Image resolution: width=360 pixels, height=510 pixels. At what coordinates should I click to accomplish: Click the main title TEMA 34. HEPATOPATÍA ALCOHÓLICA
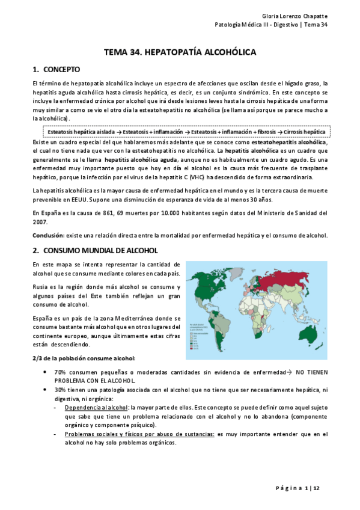180,52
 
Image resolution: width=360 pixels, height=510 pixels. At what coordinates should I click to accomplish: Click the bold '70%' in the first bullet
59,373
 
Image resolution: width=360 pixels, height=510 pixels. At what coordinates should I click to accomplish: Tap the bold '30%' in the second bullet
59,390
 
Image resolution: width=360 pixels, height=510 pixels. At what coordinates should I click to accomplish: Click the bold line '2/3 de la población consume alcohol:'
84,358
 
